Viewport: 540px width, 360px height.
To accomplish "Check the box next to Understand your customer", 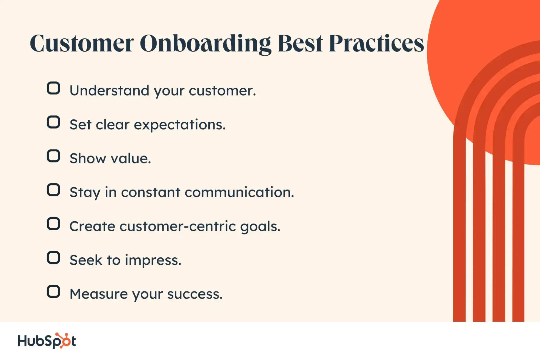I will (53, 88).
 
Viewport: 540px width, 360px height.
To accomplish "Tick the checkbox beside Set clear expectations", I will (53, 122).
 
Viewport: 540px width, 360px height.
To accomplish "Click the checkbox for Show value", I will (53, 156).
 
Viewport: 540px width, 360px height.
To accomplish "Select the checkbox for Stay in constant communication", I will (53, 190).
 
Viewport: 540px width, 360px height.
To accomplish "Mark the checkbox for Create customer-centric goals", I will (53, 224).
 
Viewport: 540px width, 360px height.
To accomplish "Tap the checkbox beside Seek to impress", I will (53, 258).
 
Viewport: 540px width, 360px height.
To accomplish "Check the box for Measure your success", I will (53, 292).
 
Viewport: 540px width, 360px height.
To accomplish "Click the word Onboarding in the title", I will (205, 44).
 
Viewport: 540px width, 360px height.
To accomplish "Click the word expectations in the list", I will (179, 125).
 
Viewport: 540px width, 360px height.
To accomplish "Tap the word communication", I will (239, 192).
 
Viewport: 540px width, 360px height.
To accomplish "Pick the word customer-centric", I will (178, 226).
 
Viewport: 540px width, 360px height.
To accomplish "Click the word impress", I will (153, 261).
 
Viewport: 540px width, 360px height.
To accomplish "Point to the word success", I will (195, 294).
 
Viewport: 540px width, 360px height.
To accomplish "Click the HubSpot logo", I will (47, 341).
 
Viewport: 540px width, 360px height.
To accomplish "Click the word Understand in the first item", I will (109, 90).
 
